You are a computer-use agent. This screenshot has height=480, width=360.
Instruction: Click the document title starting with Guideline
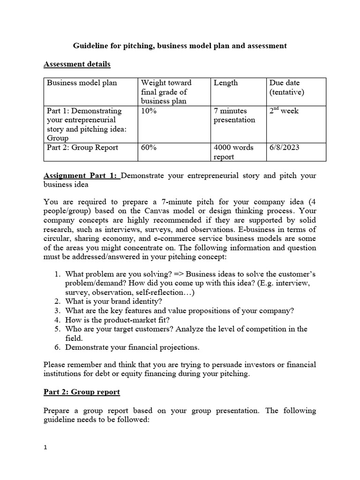pyautogui.click(x=180, y=46)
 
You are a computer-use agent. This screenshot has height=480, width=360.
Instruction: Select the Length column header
pyautogui.click(x=225, y=83)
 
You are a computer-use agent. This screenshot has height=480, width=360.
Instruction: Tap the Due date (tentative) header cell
pyautogui.click(x=286, y=87)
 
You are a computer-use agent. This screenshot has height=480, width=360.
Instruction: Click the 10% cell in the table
pyautogui.click(x=148, y=111)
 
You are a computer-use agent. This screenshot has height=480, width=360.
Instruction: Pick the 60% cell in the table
pyautogui.click(x=148, y=148)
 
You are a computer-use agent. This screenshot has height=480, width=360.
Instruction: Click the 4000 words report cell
pyautogui.click(x=233, y=152)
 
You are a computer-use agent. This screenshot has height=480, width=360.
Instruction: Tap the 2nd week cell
pyautogui.click(x=284, y=111)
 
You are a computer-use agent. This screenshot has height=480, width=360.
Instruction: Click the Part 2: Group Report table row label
pyautogui.click(x=82, y=148)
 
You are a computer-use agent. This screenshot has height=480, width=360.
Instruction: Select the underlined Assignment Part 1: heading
pyautogui.click(x=82, y=175)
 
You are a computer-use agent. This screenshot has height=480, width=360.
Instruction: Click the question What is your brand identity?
pyautogui.click(x=113, y=301)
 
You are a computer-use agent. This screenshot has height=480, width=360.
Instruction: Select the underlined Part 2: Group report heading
pyautogui.click(x=82, y=392)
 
